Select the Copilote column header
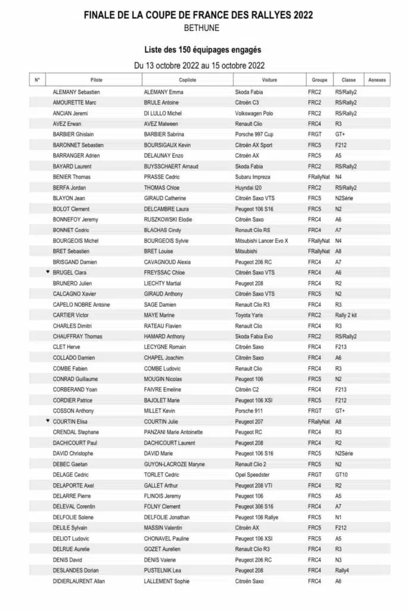(188, 80)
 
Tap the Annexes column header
(377, 80)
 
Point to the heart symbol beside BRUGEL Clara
(48, 272)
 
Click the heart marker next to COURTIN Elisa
(48, 421)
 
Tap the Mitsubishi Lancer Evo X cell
(262, 241)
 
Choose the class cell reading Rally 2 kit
(345, 315)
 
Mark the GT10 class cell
(341, 474)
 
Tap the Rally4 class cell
(341, 569)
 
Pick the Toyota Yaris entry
(250, 315)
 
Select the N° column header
(37, 80)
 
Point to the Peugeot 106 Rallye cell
(258, 516)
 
